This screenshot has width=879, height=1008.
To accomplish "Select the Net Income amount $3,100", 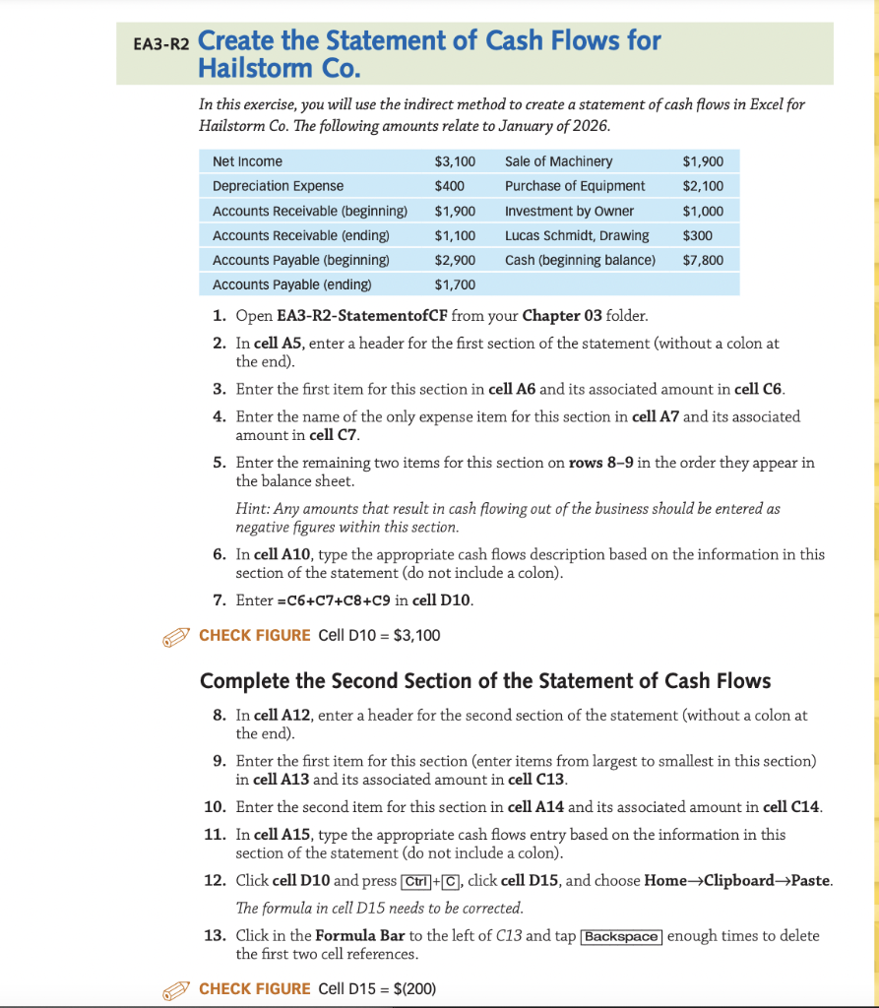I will coord(454,161).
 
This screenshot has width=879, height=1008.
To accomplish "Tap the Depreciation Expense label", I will coord(278,186).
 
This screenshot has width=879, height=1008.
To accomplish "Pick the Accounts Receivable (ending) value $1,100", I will coord(454,235).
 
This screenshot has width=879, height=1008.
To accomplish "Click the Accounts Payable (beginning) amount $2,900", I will coord(454,260).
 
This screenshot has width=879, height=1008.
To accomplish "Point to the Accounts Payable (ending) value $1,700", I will coord(454,284).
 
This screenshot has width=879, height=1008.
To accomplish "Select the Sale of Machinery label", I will coord(558,161).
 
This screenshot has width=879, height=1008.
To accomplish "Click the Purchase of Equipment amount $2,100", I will coord(702,186).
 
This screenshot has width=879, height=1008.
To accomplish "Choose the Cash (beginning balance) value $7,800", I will coord(702,260).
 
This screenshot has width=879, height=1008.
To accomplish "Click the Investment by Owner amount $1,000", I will coord(702,211).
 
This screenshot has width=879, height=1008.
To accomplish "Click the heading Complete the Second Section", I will coord(485,681).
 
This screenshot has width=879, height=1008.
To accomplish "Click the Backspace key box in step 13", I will coord(621,936).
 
